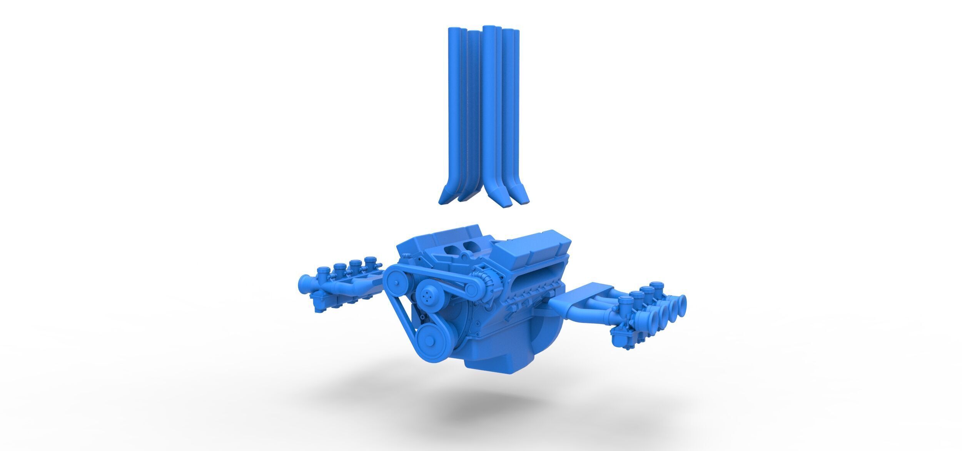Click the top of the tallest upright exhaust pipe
pyautogui.click(x=489, y=28)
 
